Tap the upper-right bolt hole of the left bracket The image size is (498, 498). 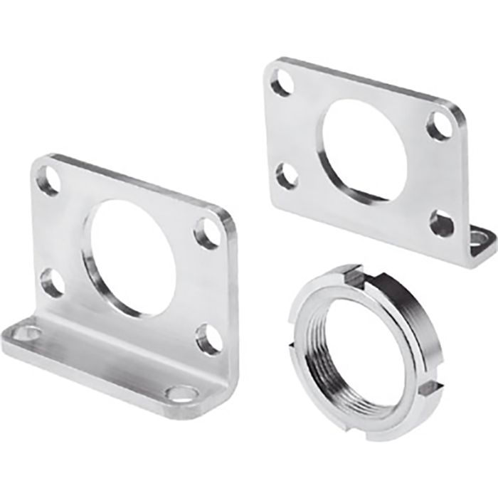coord(208,233)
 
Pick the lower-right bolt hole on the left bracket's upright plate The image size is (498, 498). coord(208,339)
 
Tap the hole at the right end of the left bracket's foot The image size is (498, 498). coord(181,392)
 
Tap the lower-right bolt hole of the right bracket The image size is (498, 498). coord(441,224)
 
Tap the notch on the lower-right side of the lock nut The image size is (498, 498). coord(431,388)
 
